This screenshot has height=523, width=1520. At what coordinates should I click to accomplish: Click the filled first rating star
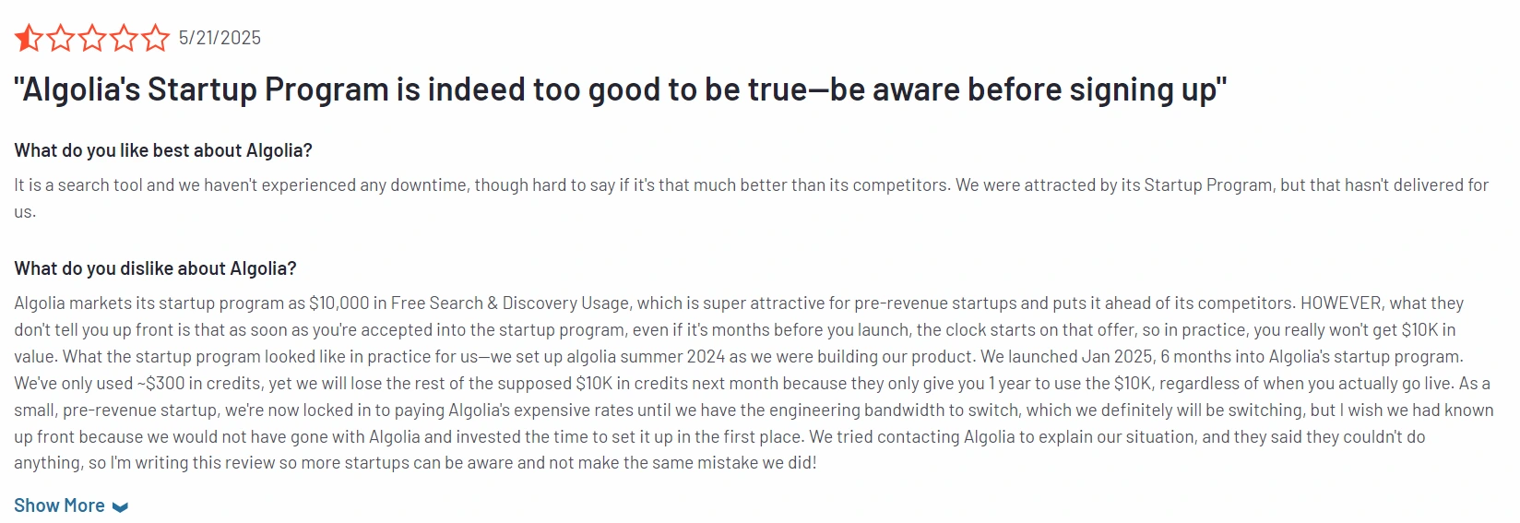[29, 38]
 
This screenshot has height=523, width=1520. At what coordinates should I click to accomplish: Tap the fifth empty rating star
[155, 38]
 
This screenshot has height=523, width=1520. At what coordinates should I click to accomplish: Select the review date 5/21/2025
[220, 38]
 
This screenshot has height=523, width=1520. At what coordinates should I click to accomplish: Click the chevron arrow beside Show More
[120, 506]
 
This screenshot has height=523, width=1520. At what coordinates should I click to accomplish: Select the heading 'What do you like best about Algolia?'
[163, 150]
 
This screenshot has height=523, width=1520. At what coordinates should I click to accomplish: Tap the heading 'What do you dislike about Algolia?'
[155, 267]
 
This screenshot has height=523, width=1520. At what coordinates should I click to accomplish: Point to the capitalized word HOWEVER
[1342, 303]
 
